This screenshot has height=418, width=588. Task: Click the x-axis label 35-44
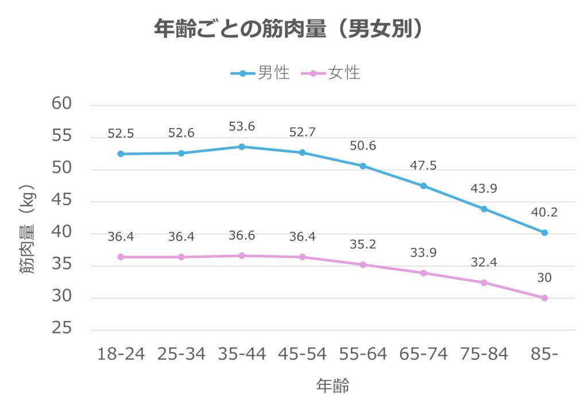[x=242, y=354]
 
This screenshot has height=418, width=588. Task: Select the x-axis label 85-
[x=544, y=354]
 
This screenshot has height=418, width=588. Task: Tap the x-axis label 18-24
[x=121, y=354]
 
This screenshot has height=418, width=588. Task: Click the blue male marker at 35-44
[x=242, y=147]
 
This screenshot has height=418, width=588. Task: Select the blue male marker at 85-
[x=544, y=233]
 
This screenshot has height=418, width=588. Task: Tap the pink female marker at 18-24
[x=121, y=257]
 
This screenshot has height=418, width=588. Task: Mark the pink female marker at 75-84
[x=484, y=283]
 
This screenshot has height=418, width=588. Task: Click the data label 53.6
[x=242, y=126]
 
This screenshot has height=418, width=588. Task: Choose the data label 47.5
[x=423, y=166]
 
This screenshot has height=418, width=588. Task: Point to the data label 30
[x=544, y=278]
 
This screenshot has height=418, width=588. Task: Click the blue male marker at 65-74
[x=423, y=186]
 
